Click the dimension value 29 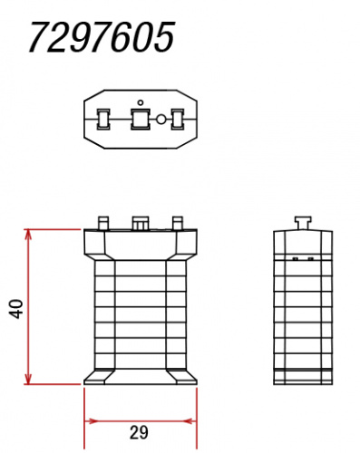(141, 434)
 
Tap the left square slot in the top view (103, 118)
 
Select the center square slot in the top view (140, 119)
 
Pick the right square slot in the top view (178, 119)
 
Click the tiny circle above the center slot (140, 101)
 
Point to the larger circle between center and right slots (161, 119)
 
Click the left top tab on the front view (103, 222)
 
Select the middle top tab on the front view (141, 222)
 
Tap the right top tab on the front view (178, 222)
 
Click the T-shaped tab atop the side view (304, 222)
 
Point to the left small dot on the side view (296, 259)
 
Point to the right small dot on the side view (311, 259)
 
